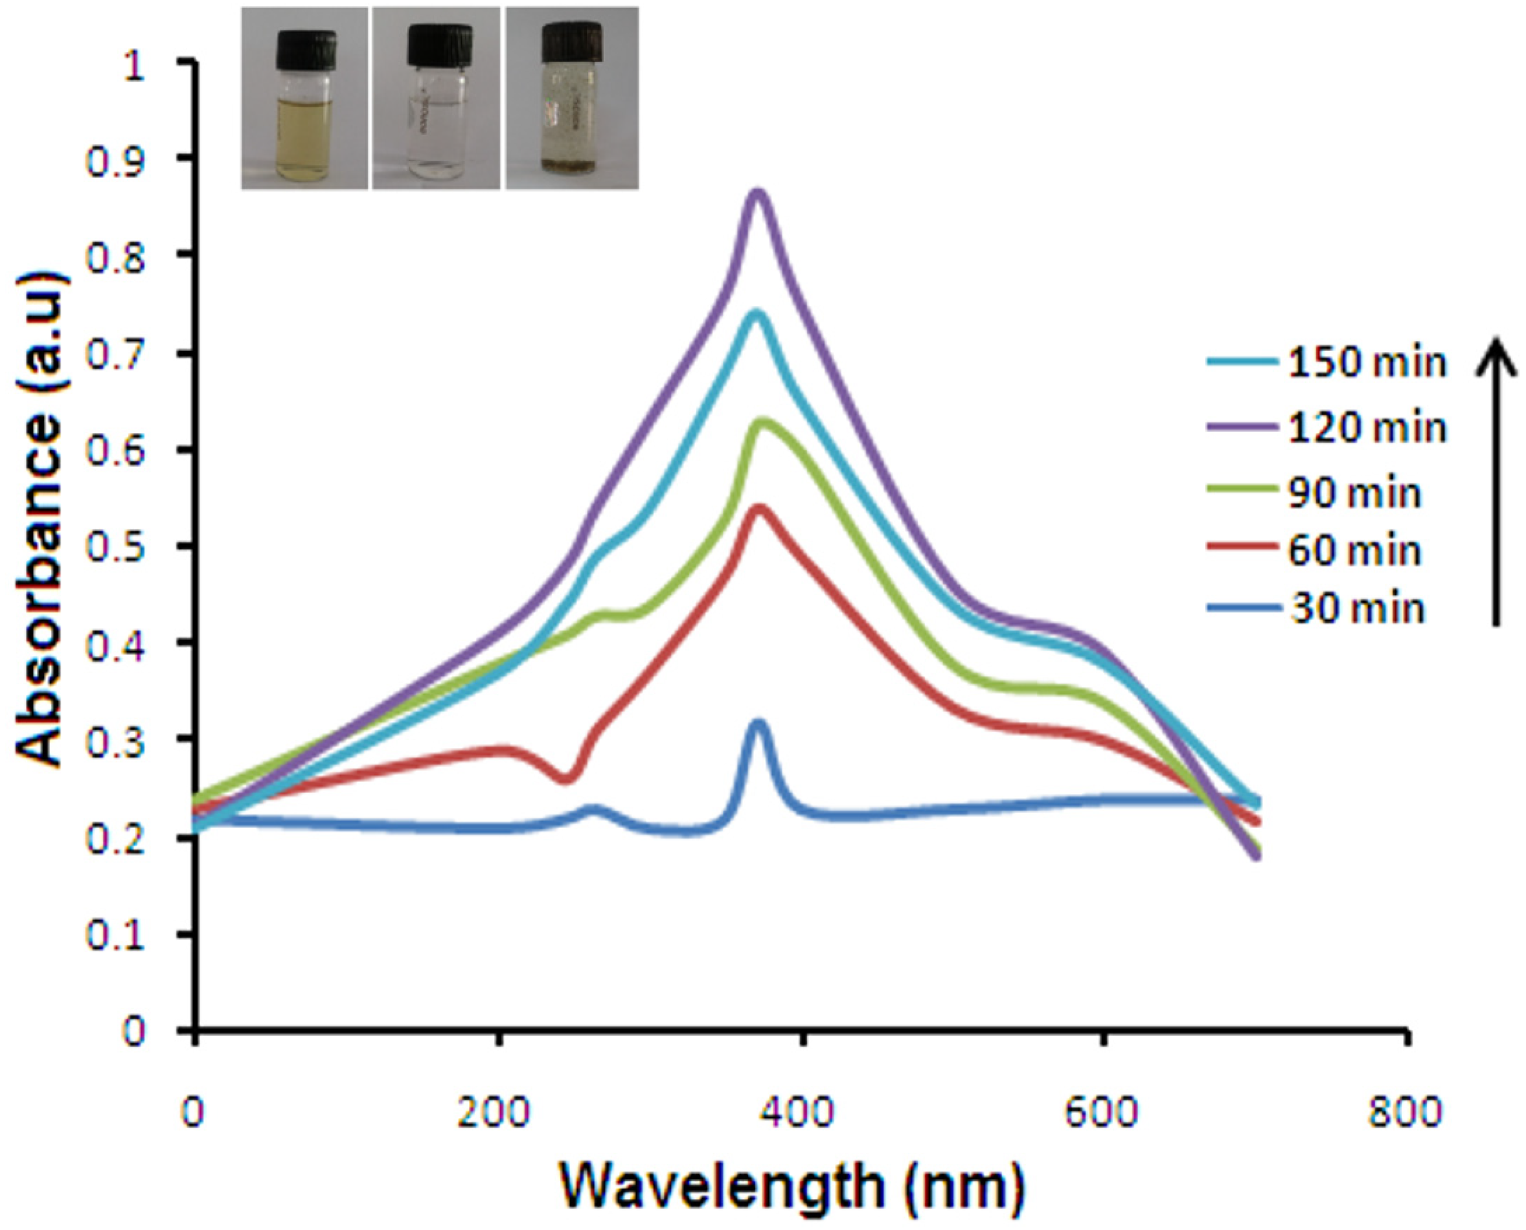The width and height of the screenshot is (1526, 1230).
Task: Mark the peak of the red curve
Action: coord(760,508)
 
